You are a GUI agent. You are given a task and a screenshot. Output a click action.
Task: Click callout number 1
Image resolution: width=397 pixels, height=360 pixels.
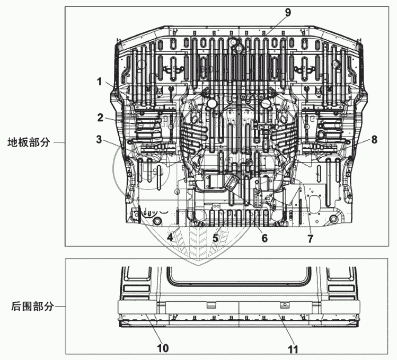[99, 82]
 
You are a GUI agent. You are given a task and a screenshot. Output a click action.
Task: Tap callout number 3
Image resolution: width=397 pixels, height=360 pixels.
[99, 139]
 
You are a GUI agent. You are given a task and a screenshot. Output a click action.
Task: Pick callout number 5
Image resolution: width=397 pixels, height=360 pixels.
[215, 238]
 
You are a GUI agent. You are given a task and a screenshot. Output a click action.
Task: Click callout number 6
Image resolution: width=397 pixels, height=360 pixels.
[264, 238]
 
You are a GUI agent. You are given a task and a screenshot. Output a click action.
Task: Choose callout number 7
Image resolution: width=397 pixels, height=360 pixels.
[310, 238]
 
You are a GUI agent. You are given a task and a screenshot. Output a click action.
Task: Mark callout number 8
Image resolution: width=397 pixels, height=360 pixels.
[374, 140]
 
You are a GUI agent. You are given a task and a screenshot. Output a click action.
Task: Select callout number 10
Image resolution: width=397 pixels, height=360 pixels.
[163, 348]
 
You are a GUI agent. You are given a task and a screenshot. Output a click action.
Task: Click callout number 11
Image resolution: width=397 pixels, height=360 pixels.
[292, 349]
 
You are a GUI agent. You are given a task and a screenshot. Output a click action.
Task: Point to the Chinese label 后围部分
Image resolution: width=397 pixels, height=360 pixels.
[32, 306]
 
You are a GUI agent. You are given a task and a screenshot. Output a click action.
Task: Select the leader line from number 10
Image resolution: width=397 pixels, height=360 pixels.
[152, 330]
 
